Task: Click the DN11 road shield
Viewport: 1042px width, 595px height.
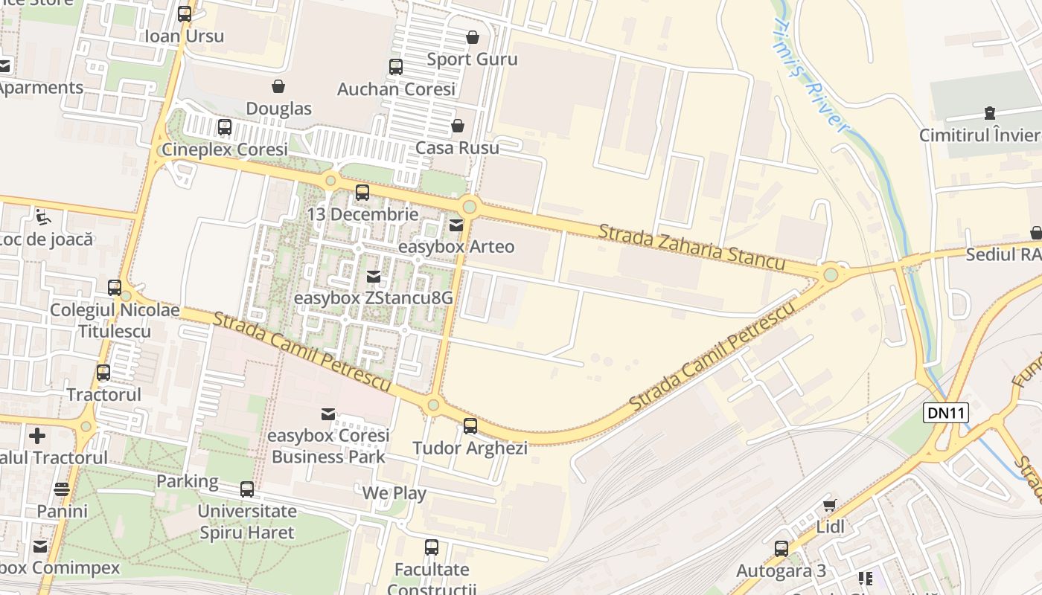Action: coord(945,413)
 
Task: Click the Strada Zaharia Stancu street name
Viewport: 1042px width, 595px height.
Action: coord(691,248)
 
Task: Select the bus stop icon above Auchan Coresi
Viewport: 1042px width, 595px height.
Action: coord(396,67)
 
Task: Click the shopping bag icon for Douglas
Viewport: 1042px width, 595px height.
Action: coord(278,86)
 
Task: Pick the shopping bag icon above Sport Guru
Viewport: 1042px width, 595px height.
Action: coord(473,37)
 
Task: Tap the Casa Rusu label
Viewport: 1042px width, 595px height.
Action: coord(457,147)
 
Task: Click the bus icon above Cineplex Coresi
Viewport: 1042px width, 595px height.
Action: coord(225,127)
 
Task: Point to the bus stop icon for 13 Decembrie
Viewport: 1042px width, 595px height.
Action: coord(362,193)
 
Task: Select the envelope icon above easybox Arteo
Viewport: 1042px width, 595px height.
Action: coord(456,225)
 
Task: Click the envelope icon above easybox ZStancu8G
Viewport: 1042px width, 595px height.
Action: coord(374,277)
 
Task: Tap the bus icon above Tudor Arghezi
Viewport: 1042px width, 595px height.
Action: coord(470,426)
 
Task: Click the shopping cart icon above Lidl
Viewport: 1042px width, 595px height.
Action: coord(830,506)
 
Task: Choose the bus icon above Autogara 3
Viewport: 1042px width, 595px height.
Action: coord(781,549)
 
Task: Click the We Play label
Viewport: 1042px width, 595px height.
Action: coord(394,493)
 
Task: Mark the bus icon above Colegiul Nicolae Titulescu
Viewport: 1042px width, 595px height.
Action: coord(115,288)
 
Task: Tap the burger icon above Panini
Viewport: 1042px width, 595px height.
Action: coord(62,489)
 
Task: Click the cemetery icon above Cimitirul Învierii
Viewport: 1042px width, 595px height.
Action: coord(990,113)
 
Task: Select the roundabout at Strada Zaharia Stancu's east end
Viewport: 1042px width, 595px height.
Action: coord(831,275)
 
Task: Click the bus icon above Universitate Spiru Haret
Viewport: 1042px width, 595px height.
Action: coord(247,489)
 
